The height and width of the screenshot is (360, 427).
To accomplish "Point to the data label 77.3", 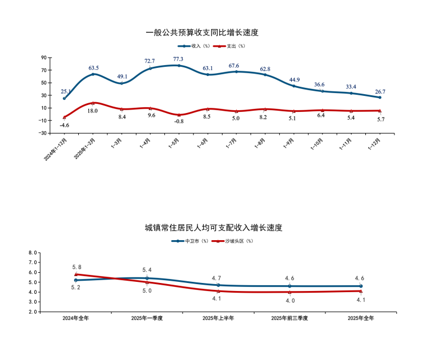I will tap(178, 59).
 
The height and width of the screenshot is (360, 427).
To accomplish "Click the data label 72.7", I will tap(150, 61).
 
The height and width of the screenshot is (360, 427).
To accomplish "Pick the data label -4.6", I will tap(65, 125).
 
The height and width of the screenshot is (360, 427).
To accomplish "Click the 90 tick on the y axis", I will tap(43, 58).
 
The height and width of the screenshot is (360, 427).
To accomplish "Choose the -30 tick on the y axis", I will tap(42, 133).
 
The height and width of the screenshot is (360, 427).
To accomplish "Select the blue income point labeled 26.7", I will tap(380, 98).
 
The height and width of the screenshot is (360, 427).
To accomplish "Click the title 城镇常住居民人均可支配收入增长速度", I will tap(213, 228).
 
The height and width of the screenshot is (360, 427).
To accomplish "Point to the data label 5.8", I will tap(76, 267).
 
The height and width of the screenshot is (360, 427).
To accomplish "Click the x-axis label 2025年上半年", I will tap(218, 318).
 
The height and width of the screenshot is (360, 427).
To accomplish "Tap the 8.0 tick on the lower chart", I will tap(33, 252).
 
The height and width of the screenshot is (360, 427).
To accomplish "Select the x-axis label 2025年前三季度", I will tap(289, 318).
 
